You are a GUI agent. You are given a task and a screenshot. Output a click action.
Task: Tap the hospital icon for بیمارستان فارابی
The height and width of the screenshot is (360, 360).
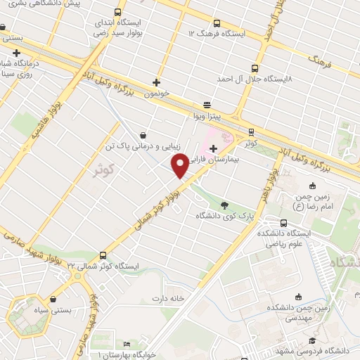point(213,148)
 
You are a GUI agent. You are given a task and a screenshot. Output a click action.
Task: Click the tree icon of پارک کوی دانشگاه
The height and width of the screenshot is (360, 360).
point(224,205)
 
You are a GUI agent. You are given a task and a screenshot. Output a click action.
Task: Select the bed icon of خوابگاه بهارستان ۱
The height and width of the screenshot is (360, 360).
point(126,344)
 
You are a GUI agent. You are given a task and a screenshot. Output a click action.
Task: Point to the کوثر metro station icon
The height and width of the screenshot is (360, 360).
point(252,131)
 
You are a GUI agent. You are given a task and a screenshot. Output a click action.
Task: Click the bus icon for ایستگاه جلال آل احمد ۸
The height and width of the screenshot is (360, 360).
point(253,69)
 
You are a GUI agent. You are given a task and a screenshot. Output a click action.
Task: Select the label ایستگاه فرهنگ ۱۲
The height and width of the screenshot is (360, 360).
point(217,33)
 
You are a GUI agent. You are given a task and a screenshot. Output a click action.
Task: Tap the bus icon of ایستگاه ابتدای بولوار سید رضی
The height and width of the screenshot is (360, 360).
point(118,13)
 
